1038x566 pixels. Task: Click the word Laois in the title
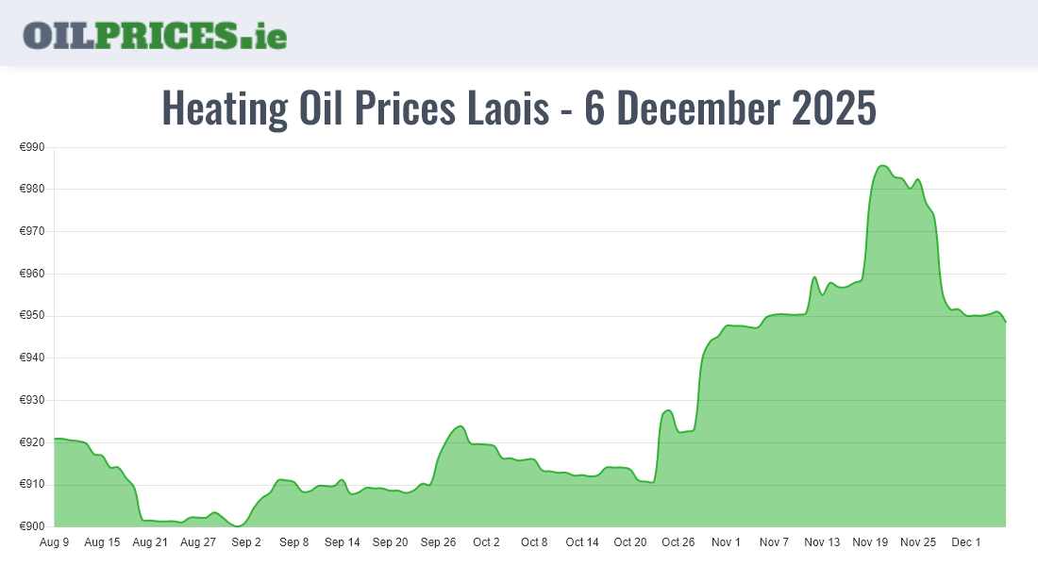coord(509,108)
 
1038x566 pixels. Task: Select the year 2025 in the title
coord(833,108)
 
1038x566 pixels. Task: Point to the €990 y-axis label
coord(33,147)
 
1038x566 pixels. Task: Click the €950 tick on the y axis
coord(33,316)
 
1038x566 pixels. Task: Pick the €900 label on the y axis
coord(33,526)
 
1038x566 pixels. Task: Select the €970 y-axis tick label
coord(33,231)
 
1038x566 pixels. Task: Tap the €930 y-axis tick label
coord(33,400)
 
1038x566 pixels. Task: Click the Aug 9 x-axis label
coord(55,542)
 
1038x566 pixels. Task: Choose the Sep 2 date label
coord(246,542)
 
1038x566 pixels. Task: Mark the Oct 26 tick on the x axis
coord(678,542)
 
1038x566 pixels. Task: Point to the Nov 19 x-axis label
coord(870,542)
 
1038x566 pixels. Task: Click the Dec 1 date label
coord(966,542)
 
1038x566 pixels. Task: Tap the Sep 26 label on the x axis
coord(438,542)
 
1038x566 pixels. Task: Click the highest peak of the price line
coord(882,166)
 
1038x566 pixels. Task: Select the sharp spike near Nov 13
coord(814,277)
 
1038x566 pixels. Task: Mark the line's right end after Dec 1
coord(1005,322)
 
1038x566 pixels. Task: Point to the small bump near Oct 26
coord(668,410)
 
